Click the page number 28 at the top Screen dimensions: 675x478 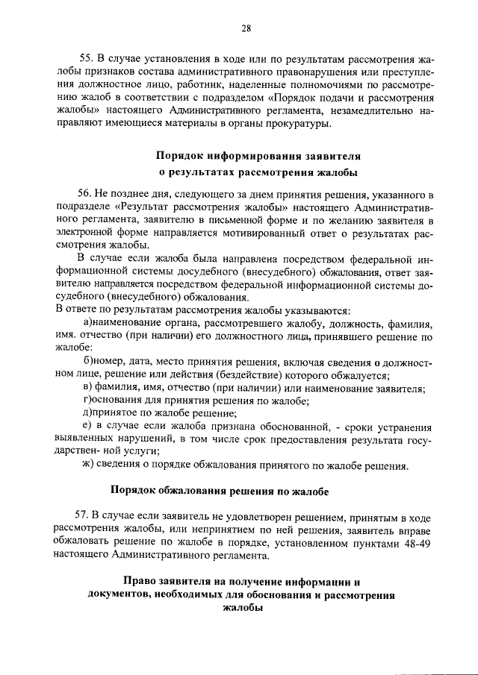point(246,28)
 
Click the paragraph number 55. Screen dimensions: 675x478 point(86,58)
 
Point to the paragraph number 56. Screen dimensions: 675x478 point(86,192)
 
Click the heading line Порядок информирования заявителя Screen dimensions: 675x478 point(258,157)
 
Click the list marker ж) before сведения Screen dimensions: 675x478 point(88,467)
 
